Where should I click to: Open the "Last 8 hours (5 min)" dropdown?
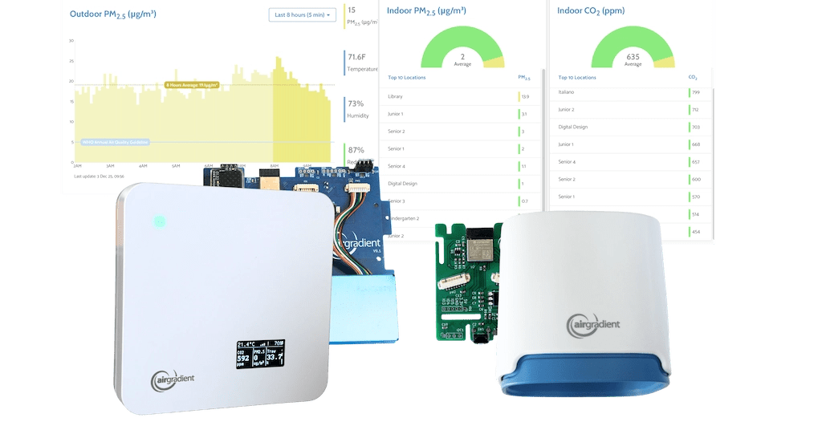coord(302,15)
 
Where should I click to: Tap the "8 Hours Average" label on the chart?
coord(193,84)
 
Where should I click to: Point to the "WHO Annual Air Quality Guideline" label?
coord(116,142)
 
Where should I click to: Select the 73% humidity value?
coord(356,103)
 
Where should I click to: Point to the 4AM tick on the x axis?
coord(143,165)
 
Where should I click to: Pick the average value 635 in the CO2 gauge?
coord(633,57)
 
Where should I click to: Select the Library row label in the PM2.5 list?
coord(395,96)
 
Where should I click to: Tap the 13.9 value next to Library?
coord(525,96)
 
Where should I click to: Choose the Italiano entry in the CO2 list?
coord(566,92)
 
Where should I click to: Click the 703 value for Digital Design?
coord(696,127)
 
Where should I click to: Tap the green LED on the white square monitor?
coord(159,220)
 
